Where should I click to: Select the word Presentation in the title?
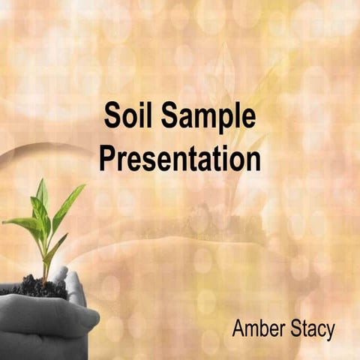pos(181,159)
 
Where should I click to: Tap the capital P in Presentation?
pos(109,159)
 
